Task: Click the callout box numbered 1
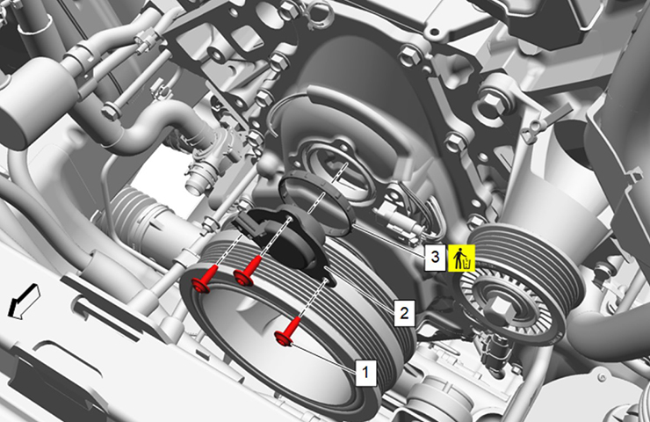tap(365, 372)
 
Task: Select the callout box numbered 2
tap(404, 312)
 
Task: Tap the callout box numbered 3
tap(435, 258)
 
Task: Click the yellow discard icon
tap(461, 258)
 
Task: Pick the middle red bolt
tap(249, 272)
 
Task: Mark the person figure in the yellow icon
tap(458, 258)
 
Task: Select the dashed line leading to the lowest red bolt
tap(313, 300)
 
